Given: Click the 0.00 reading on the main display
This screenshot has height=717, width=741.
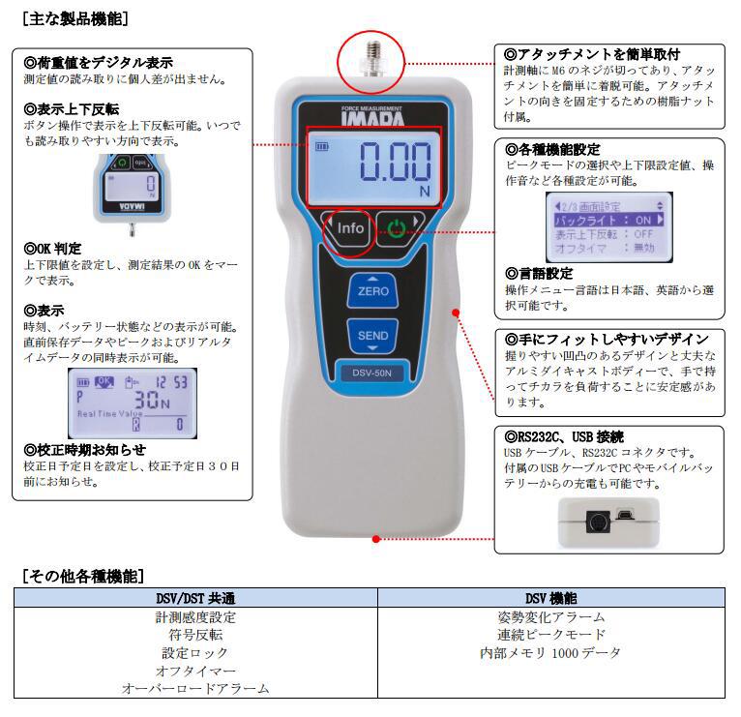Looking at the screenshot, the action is [x=396, y=162].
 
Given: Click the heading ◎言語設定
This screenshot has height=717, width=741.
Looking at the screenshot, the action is [x=539, y=274].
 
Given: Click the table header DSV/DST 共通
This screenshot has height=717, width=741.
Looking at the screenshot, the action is [x=195, y=599].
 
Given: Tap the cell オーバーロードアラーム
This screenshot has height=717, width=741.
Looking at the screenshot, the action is [x=195, y=689].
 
